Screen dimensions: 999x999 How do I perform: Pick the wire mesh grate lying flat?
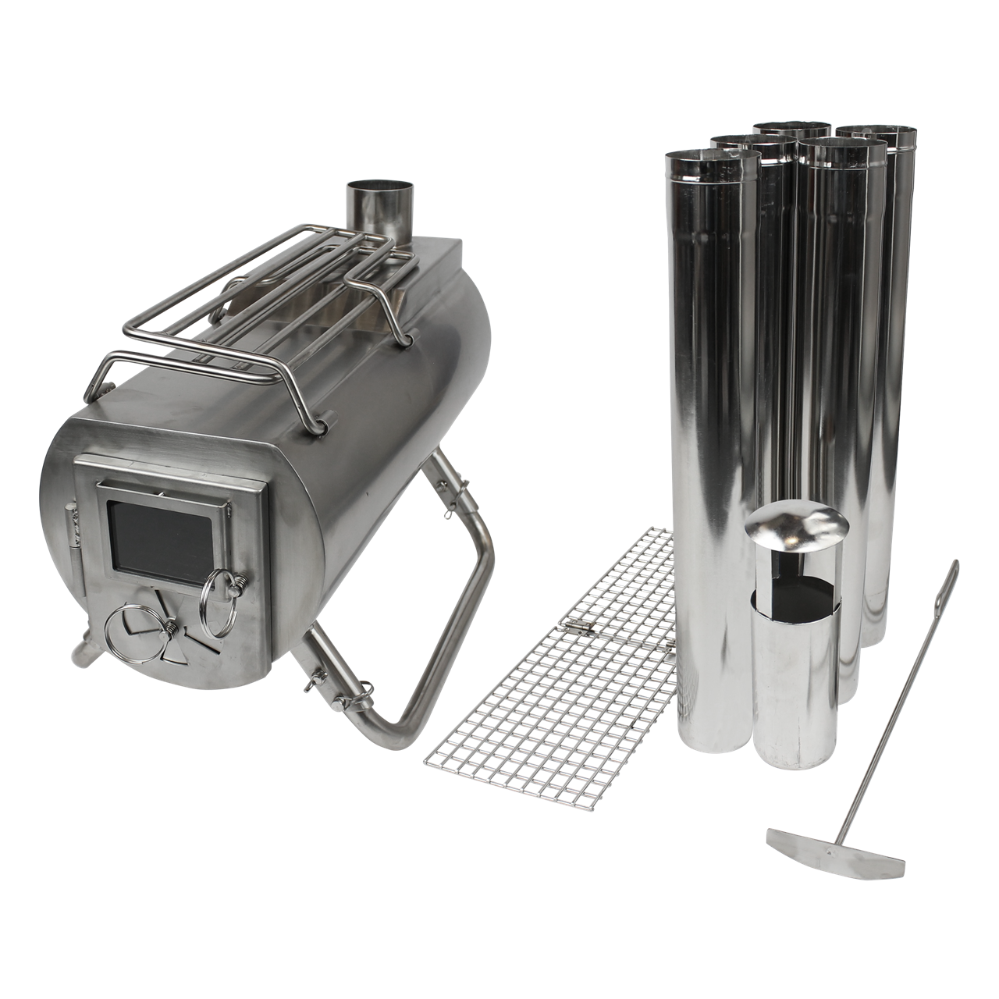[562, 687]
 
